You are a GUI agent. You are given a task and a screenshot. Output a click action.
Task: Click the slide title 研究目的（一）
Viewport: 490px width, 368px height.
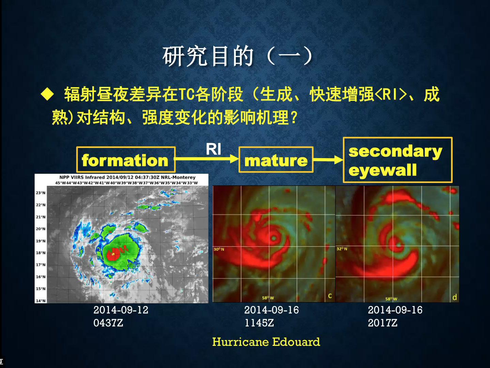237,56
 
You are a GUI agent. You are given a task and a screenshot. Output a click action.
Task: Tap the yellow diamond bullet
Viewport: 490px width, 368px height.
47,94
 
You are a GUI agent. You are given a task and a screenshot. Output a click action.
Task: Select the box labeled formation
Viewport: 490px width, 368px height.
126,159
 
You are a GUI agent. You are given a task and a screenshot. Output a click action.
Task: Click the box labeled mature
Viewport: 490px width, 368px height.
276,159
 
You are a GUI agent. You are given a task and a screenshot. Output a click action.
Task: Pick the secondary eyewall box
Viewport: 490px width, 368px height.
398,160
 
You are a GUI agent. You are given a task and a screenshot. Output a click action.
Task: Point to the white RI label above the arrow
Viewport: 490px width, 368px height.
213,149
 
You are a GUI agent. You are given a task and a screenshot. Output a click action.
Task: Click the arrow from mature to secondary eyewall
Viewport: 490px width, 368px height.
328,159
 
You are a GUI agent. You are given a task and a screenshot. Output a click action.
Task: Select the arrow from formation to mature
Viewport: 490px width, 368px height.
207,159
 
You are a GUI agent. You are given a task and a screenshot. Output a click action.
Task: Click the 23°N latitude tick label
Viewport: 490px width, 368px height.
41,193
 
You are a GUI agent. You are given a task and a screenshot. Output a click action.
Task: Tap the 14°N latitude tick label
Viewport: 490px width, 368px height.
41,301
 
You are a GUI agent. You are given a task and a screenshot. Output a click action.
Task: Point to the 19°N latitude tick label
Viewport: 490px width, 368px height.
41,241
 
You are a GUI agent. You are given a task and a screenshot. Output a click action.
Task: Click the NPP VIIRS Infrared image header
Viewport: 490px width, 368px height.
127,177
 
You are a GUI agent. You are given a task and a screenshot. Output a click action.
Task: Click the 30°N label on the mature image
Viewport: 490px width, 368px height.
219,249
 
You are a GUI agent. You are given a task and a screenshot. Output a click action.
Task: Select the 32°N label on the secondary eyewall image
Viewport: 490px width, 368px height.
342,249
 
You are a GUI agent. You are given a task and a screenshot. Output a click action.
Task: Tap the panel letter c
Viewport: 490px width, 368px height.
330,296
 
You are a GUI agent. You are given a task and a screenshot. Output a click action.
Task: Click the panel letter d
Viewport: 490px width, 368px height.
455,297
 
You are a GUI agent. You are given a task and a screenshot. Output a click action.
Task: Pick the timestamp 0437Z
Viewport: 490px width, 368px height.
108,323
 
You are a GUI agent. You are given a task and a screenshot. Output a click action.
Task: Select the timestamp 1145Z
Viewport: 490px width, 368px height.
259,323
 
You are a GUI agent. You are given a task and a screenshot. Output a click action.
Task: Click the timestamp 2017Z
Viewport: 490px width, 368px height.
383,323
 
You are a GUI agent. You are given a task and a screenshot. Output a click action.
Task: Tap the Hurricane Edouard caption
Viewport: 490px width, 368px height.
266,342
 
